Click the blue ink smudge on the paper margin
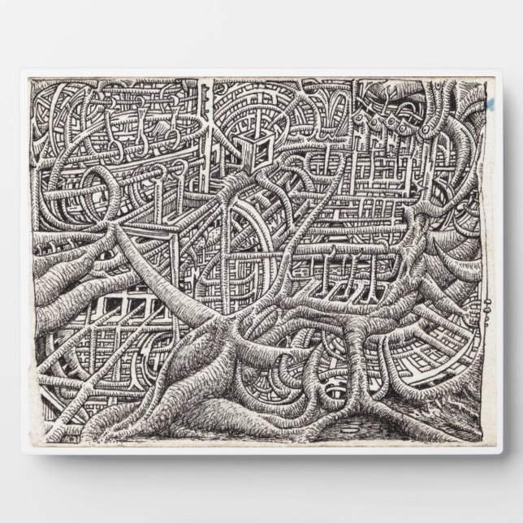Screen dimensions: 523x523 [490, 105]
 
